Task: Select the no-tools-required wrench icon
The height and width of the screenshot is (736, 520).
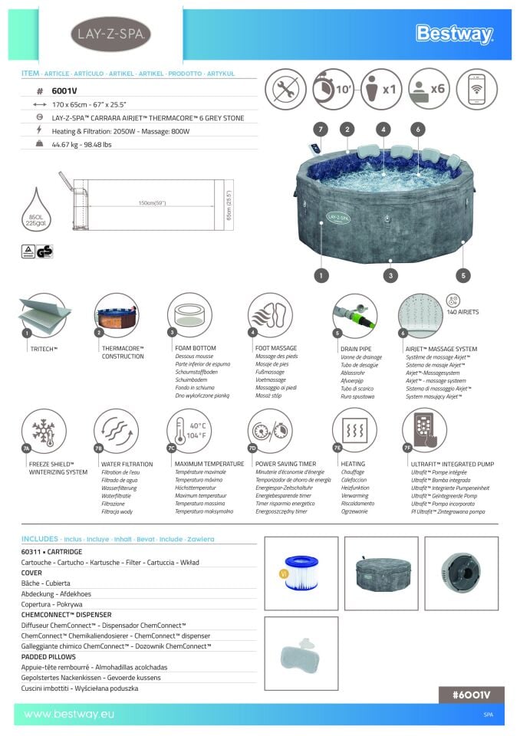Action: pos(285,89)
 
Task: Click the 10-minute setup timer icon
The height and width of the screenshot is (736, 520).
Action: pos(333,89)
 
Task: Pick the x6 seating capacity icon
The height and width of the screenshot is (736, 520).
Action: pos(429,89)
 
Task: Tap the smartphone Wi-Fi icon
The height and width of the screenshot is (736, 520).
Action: pos(476,89)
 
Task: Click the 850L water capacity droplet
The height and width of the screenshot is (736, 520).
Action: pos(36,209)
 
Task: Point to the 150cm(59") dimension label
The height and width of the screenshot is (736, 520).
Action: pos(152,203)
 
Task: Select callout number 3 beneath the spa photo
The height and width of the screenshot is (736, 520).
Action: pos(391,274)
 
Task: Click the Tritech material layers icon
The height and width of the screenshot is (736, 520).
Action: pos(44,314)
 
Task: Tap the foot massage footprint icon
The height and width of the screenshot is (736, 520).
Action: pos(270,314)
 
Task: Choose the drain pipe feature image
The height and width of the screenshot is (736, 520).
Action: pos(354,314)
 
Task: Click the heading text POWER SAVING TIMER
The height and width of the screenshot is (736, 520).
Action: pos(285,464)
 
